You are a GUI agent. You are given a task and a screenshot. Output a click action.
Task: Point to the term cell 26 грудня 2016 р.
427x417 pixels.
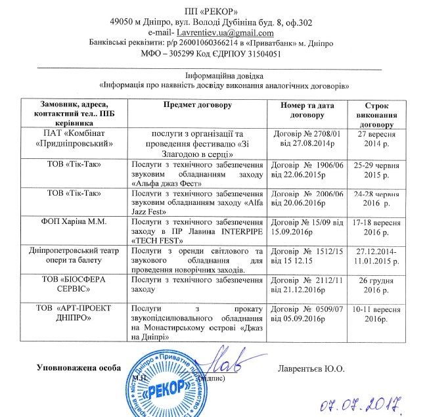coord(378,285)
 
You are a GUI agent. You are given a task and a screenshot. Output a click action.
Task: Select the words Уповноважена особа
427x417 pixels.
coord(78,368)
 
